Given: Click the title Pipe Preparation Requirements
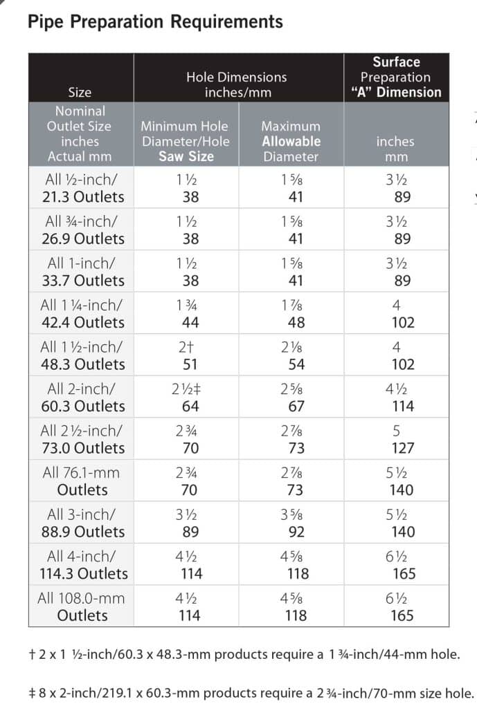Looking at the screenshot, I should (x=155, y=21).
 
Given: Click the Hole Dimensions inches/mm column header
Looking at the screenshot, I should (x=236, y=84).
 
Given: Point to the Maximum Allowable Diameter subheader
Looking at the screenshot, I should (x=291, y=141).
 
